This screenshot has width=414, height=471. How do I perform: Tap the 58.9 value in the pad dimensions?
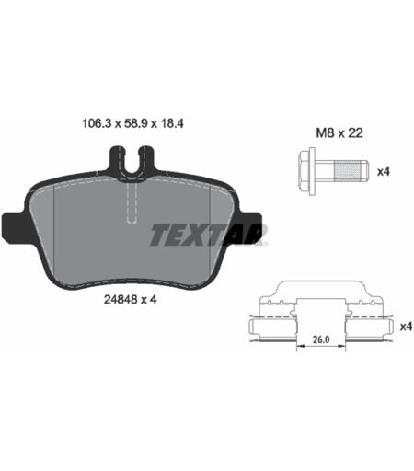coord(136,123)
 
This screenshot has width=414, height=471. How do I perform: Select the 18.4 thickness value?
coord(171,123)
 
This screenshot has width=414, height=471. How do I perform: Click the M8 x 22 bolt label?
coord(339,133)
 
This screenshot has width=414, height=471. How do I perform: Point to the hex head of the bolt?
coord(304,171)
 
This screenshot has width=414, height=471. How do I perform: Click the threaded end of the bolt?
coord(351,171)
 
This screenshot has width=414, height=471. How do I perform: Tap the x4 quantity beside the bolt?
coord(383,172)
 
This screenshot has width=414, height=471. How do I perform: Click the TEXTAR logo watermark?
coord(208,235)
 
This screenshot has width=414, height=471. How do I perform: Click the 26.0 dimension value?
coord(321,339)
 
